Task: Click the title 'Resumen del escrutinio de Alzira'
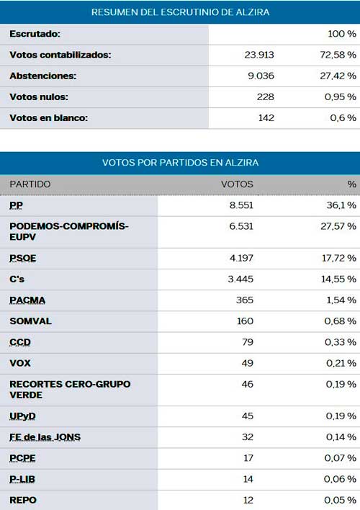[180, 12]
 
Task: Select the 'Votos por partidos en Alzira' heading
[180, 163]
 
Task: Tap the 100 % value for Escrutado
[342, 34]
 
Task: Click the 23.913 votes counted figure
[259, 55]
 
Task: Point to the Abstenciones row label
[43, 76]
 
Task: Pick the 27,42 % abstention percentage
[338, 76]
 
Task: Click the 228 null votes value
[266, 97]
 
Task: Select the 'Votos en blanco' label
[49, 117]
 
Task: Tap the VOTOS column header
[237, 184]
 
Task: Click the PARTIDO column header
[30, 184]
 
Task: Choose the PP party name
[17, 205]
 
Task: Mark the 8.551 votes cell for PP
[241, 205]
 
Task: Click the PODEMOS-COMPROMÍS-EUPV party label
[69, 231]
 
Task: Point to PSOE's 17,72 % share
[339, 258]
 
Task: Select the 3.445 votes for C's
[240, 279]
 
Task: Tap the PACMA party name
[27, 300]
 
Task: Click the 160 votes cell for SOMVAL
[246, 321]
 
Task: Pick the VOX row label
[20, 363]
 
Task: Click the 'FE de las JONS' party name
[45, 437]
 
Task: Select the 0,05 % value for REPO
[340, 500]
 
